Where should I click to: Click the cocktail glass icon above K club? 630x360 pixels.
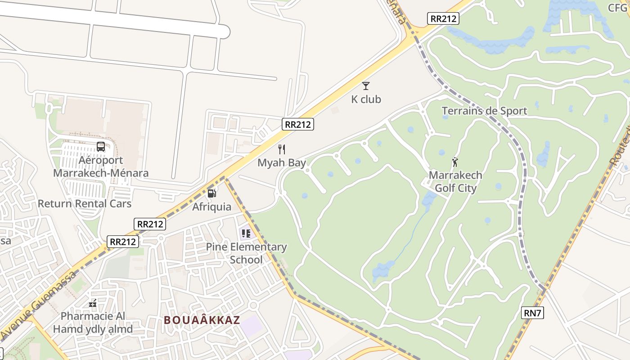click(366, 85)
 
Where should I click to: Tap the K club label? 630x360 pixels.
click(366, 99)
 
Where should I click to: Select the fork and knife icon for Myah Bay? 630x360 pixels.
click(282, 149)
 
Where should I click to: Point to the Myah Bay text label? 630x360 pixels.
click(282, 162)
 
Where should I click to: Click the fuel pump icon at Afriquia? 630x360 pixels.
click(211, 193)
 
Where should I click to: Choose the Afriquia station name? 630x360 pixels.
click(211, 207)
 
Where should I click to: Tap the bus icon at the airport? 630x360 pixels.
click(101, 146)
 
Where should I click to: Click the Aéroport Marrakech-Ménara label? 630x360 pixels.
click(101, 166)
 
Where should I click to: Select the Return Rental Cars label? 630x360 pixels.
click(85, 203)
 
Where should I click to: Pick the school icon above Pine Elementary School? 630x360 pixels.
click(246, 233)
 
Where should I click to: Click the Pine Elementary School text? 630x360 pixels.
click(246, 253)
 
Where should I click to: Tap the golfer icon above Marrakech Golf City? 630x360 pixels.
click(455, 162)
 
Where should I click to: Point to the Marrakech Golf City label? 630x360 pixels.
click(455, 182)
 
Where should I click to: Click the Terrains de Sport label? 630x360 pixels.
click(484, 111)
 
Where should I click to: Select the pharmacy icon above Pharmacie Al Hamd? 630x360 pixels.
click(93, 303)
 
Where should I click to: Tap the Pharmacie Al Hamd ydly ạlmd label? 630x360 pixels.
click(93, 323)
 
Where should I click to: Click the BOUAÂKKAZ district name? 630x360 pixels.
click(202, 320)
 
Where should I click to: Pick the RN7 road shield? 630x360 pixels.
click(533, 313)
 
